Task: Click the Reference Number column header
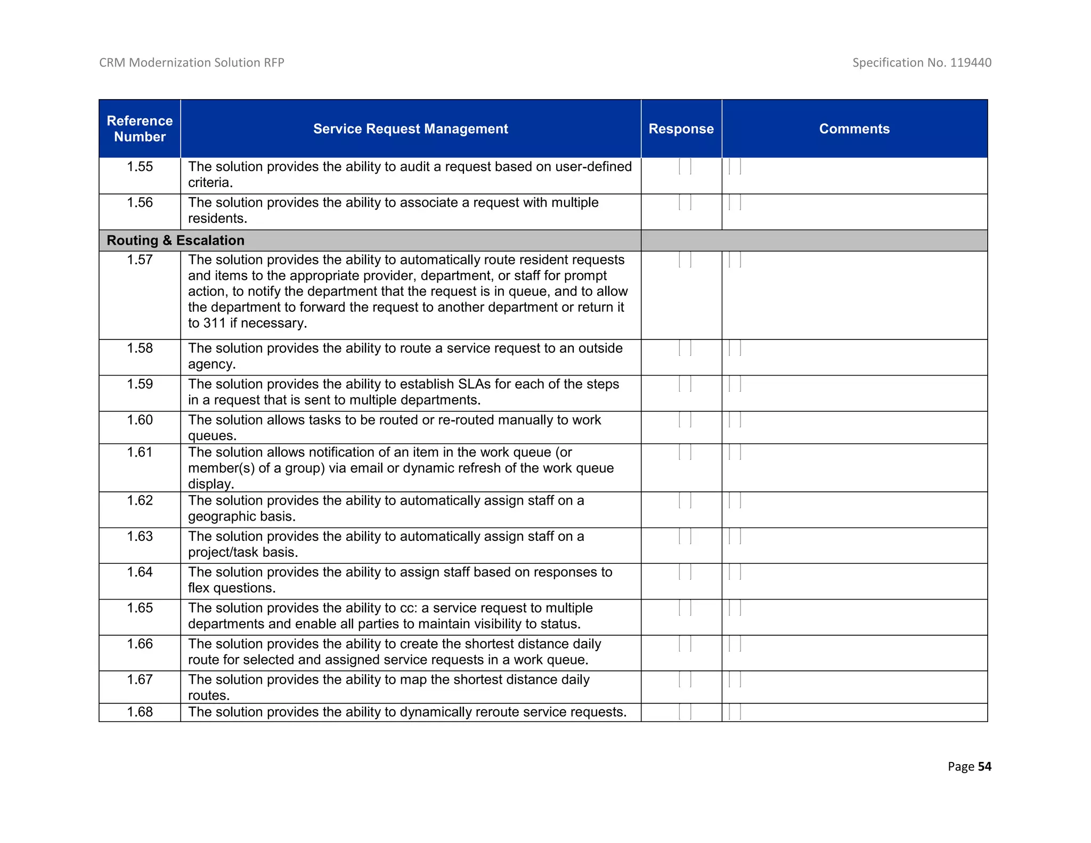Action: coord(140,128)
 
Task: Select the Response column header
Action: coord(681,128)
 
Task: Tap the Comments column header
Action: coord(854,128)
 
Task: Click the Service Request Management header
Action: coord(410,128)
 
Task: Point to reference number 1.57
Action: coord(140,260)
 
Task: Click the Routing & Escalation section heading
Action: coord(175,240)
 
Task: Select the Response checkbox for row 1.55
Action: coord(685,167)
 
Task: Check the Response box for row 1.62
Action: coord(685,500)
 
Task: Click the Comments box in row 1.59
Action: coord(735,384)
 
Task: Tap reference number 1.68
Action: coord(140,712)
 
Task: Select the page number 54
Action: coord(984,766)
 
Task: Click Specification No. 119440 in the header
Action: coord(921,62)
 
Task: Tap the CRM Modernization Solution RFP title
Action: coord(191,62)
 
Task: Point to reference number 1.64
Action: coord(140,572)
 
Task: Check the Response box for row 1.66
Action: coord(685,644)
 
